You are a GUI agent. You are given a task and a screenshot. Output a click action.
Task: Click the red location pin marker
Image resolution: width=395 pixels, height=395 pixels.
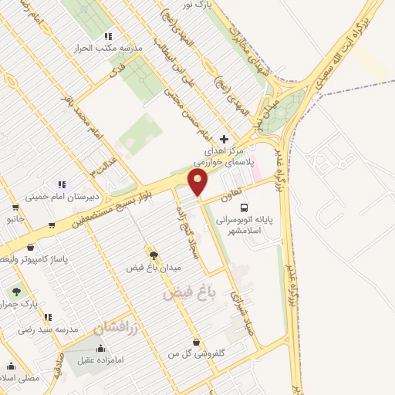pyautogui.click(x=199, y=183)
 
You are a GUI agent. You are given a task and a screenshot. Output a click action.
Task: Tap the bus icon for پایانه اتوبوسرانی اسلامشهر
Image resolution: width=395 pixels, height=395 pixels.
pyautogui.click(x=244, y=208)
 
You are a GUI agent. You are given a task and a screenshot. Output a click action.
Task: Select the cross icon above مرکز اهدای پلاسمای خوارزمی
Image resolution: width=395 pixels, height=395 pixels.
pyautogui.click(x=224, y=139)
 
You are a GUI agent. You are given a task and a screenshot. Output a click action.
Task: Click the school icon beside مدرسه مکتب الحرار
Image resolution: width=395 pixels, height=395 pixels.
pyautogui.click(x=108, y=35)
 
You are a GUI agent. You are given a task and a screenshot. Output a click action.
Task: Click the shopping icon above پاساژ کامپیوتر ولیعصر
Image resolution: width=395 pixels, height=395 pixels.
pyautogui.click(x=29, y=248)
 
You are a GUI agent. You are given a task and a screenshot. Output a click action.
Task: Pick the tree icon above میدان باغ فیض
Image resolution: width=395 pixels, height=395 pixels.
pyautogui.click(x=152, y=254)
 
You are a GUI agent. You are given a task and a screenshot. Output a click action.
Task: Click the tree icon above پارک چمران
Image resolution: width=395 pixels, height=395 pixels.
pyautogui.click(x=15, y=292)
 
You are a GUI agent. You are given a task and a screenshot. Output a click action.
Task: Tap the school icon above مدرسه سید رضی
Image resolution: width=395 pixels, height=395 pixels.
pyautogui.click(x=48, y=317)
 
